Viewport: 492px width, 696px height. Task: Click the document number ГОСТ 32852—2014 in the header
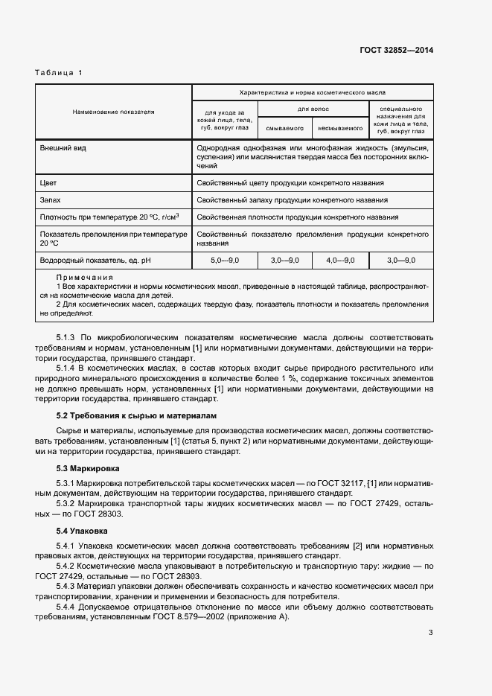396,51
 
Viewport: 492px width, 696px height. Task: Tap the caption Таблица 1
60,72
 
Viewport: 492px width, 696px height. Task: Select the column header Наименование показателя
113,112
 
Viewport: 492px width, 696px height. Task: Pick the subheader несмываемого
340,127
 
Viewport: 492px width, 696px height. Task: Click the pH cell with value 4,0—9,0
340,260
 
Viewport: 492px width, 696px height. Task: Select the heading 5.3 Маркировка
88,468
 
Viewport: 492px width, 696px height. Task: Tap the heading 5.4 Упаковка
82,531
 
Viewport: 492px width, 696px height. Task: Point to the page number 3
430,633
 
